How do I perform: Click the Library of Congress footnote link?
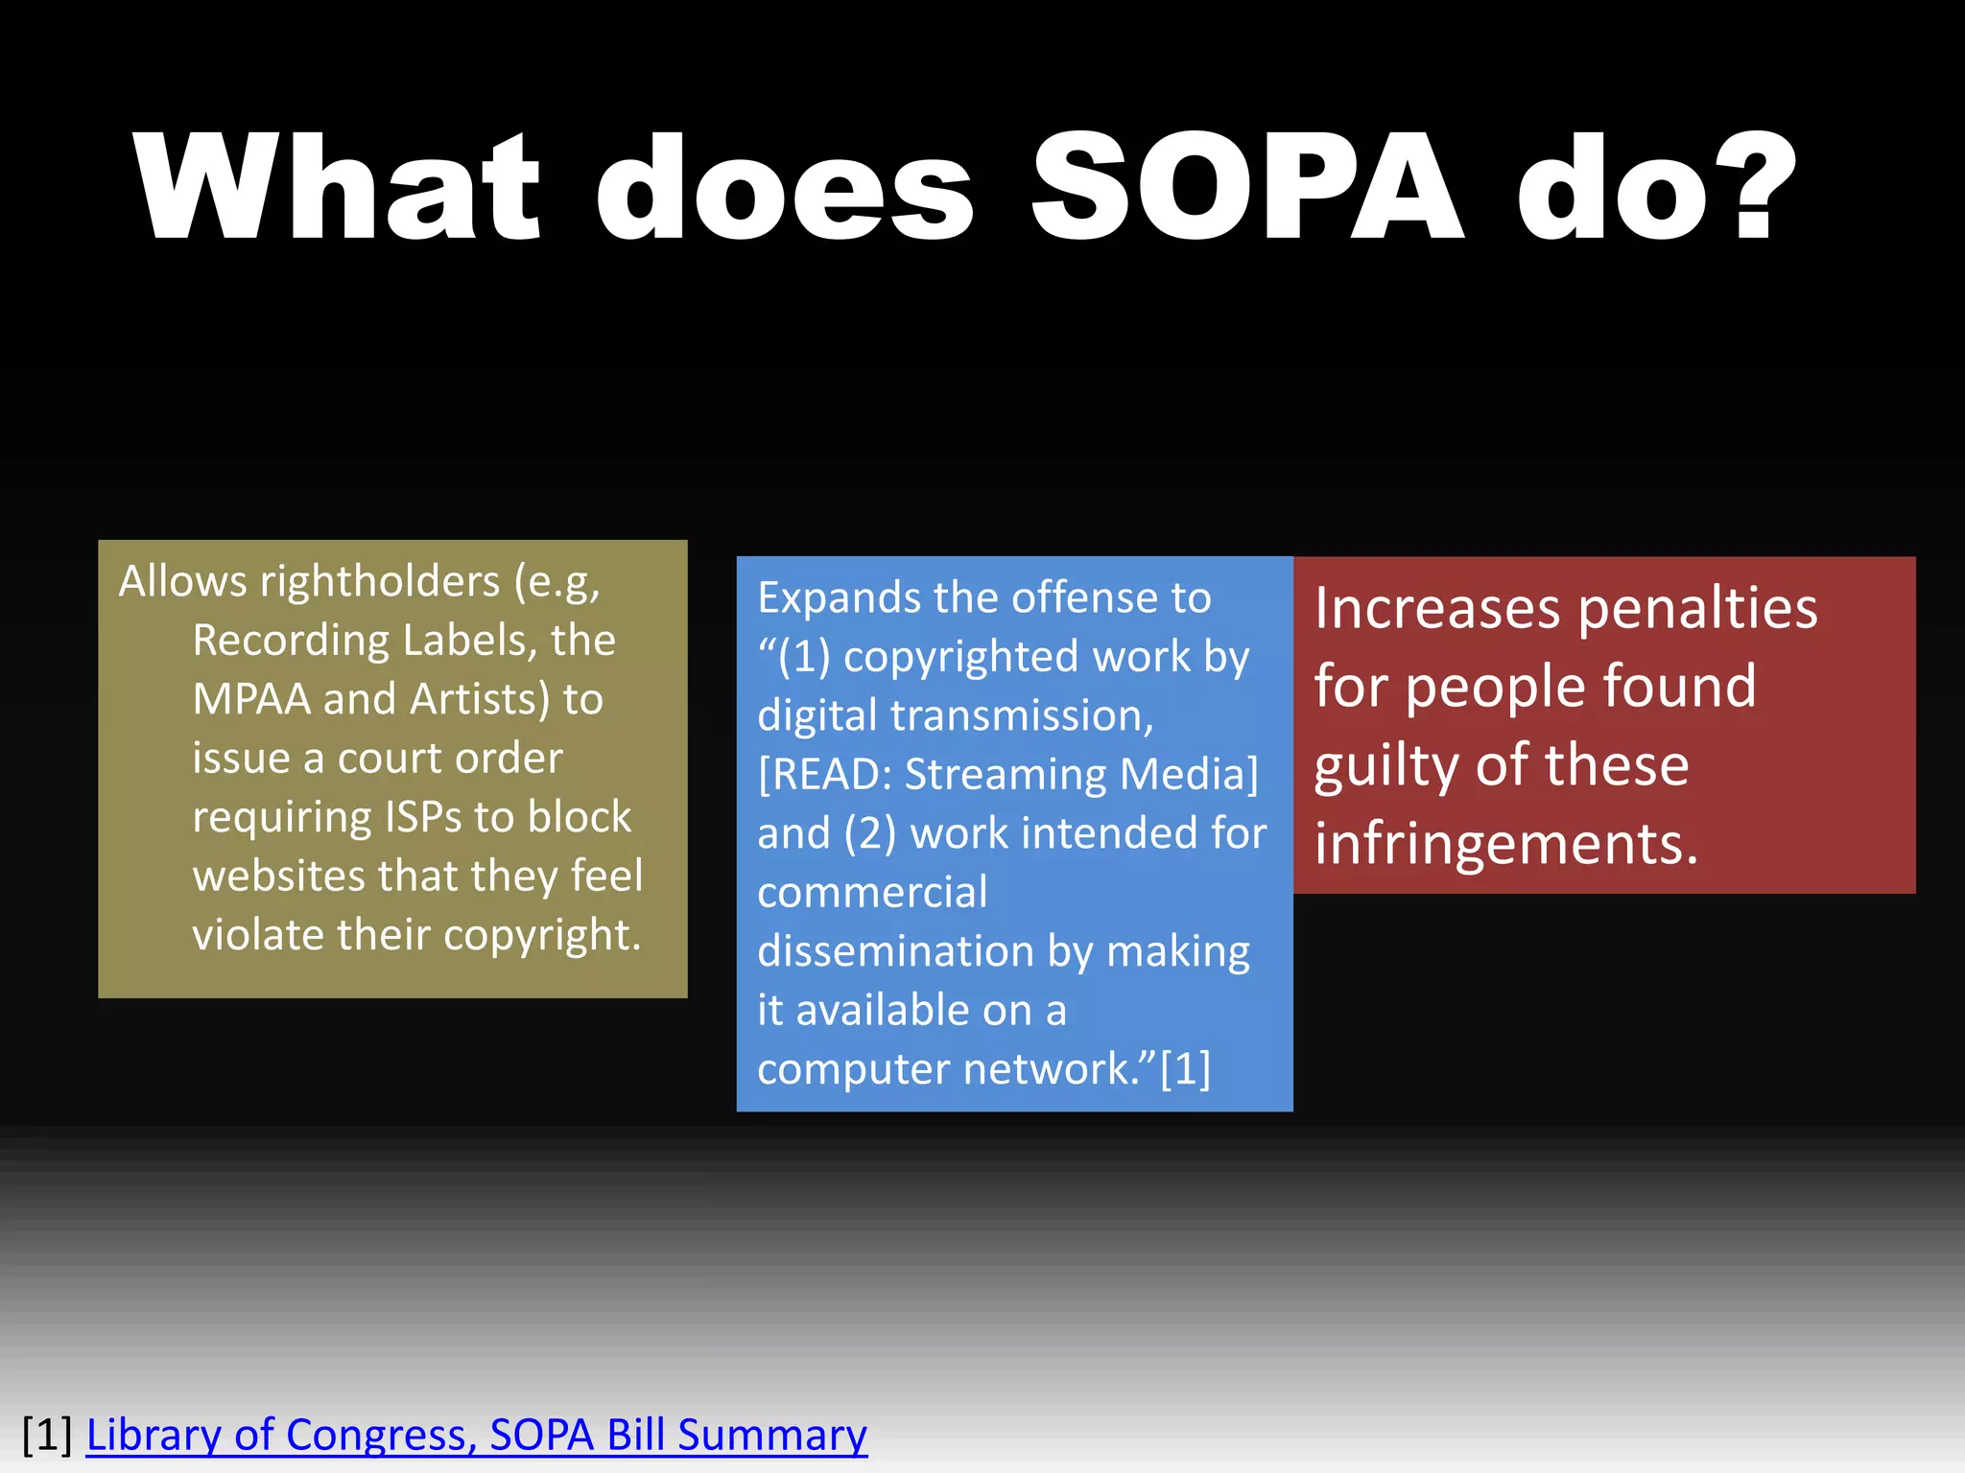coord(477,1435)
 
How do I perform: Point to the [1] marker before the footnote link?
coord(47,1435)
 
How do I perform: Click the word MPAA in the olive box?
coord(251,699)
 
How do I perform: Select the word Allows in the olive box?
coord(182,581)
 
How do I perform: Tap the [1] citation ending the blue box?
coord(1185,1069)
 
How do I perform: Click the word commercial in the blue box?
coord(872,893)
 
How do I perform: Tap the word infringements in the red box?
coord(1505,844)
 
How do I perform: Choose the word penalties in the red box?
coord(1697,608)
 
